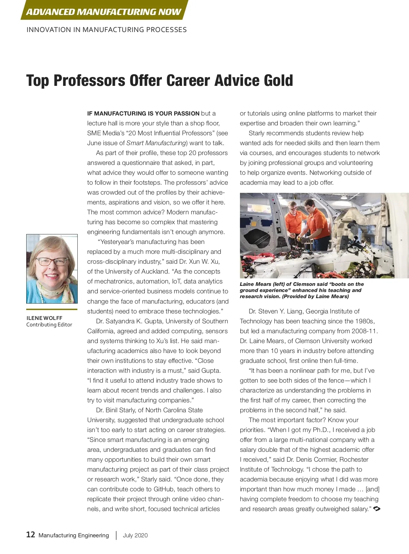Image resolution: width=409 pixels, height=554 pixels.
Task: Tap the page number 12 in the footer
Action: [31, 535]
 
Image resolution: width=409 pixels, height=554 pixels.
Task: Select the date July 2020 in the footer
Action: [135, 535]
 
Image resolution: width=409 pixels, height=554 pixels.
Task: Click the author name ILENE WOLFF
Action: [44, 318]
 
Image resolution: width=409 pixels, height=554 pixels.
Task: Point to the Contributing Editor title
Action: [49, 325]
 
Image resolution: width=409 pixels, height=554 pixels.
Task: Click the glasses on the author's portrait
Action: [52, 262]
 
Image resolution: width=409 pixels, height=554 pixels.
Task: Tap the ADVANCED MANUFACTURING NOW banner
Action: [104, 12]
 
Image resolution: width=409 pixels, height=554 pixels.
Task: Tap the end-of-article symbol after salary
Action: [377, 509]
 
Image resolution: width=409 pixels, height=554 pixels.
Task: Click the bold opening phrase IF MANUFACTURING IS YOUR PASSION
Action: [143, 113]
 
